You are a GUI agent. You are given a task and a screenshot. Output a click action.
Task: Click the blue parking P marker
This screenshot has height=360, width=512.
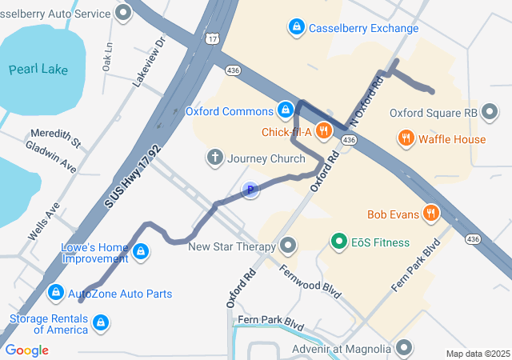250,190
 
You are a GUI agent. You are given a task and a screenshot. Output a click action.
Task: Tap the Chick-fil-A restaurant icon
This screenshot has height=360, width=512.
324,130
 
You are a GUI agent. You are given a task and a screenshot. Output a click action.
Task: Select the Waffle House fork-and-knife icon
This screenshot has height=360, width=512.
406,139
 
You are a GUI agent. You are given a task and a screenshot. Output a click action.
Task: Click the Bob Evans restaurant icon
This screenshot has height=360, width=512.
432,214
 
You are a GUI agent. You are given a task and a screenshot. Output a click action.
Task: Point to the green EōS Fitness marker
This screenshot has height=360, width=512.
338,242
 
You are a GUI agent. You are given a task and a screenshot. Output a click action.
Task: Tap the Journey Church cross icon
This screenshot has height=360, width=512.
215,158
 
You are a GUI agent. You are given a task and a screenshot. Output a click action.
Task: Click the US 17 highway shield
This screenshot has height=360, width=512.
211,38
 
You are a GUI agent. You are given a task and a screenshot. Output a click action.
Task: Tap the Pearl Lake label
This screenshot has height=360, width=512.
38,70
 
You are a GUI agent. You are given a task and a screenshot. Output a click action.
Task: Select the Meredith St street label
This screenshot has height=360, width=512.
56,138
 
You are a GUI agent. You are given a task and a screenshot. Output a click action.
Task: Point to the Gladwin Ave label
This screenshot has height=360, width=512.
51,157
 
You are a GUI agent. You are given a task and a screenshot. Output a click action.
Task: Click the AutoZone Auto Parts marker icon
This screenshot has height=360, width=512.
56,294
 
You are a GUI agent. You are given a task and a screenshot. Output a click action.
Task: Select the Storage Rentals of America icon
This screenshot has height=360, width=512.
101,323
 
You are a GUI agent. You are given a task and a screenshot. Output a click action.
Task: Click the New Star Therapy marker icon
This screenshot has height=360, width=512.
288,246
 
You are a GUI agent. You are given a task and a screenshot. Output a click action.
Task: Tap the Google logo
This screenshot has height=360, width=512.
26,350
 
